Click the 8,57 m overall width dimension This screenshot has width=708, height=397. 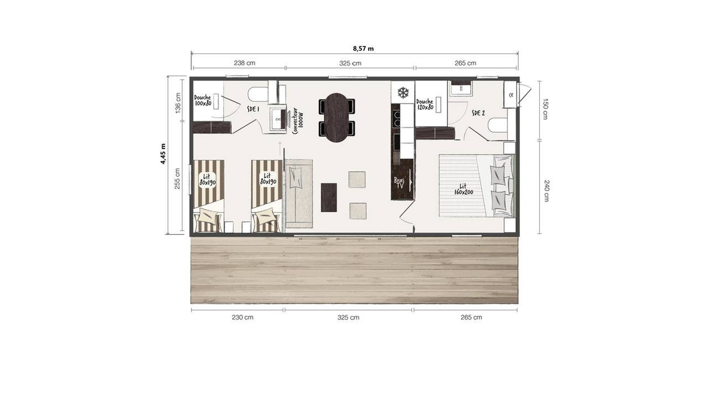pos(363,49)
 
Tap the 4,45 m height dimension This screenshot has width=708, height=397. pos(163,154)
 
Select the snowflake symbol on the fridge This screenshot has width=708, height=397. pos(403,92)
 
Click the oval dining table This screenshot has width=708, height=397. pos(337,117)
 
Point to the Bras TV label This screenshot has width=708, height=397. pos(399,183)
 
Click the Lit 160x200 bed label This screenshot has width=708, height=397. pos(464,189)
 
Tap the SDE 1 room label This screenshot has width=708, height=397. pos(253,109)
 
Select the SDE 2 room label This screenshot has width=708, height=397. pos(478,113)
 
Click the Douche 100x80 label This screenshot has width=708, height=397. pos(202,100)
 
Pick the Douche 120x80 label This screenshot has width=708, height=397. pos(425,105)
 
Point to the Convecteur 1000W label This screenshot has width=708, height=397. pos(298,121)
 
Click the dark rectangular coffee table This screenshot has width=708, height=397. pos(329,198)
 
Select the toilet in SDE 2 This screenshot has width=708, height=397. pos(497,126)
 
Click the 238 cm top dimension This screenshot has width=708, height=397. pos(244,63)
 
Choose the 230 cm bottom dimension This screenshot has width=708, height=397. pos(242,317)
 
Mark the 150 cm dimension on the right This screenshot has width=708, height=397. pos(545,109)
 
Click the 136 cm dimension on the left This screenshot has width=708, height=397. pos(178,103)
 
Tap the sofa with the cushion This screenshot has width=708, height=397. pos(299,194)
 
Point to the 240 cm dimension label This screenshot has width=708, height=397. pos(546,191)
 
